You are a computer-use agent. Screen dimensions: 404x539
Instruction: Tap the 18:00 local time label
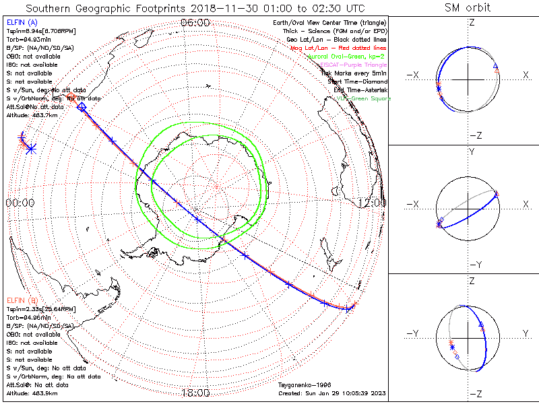(195, 393)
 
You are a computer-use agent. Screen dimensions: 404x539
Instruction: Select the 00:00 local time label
(20, 202)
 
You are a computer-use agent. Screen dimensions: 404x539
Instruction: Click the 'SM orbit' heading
(468, 8)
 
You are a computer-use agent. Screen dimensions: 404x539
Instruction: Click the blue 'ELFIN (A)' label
(23, 23)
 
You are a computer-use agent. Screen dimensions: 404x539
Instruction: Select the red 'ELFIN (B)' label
(23, 300)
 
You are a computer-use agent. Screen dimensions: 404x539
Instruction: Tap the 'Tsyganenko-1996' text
(304, 385)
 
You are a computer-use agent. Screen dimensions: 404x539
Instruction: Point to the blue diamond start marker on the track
(82, 106)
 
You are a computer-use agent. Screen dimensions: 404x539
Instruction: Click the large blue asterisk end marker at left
(30, 149)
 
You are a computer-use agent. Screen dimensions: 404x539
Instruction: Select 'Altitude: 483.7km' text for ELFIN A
(32, 115)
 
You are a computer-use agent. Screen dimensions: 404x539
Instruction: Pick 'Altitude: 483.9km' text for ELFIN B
(32, 393)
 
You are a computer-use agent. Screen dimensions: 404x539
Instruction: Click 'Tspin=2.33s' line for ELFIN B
(38, 308)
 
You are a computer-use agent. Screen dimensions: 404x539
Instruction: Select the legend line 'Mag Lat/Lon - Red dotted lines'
(339, 48)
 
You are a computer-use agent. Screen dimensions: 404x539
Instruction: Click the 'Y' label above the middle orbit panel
(471, 152)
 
